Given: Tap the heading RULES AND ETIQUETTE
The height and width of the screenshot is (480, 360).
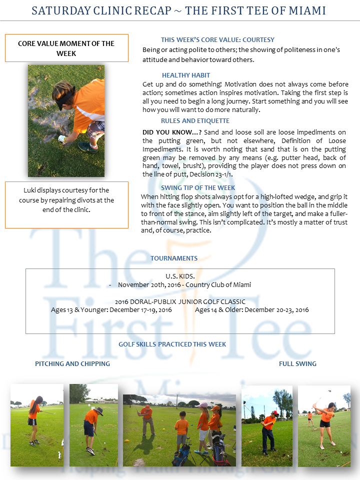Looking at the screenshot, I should pyautogui.click(x=195, y=120).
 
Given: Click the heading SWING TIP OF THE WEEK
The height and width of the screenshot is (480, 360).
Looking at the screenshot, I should pyautogui.click(x=198, y=187).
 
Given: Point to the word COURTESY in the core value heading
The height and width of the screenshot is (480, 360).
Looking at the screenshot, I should pyautogui.click(x=256, y=40).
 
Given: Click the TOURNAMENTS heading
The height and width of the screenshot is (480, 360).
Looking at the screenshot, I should pyautogui.click(x=174, y=258).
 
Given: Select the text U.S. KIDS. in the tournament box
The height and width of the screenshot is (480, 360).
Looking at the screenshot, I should pyautogui.click(x=179, y=276).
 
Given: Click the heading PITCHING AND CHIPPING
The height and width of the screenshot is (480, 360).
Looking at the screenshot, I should pyautogui.click(x=72, y=363).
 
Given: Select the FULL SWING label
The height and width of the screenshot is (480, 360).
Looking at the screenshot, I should pyautogui.click(x=297, y=363).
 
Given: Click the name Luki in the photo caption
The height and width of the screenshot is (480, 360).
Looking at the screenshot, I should pyautogui.click(x=30, y=190).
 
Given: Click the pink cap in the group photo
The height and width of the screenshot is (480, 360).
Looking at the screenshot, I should pyautogui.click(x=203, y=405).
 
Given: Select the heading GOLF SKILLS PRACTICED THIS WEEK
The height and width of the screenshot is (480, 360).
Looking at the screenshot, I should pyautogui.click(x=172, y=344).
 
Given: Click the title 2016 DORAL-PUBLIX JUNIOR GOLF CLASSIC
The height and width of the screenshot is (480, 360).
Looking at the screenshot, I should pyautogui.click(x=180, y=301).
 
